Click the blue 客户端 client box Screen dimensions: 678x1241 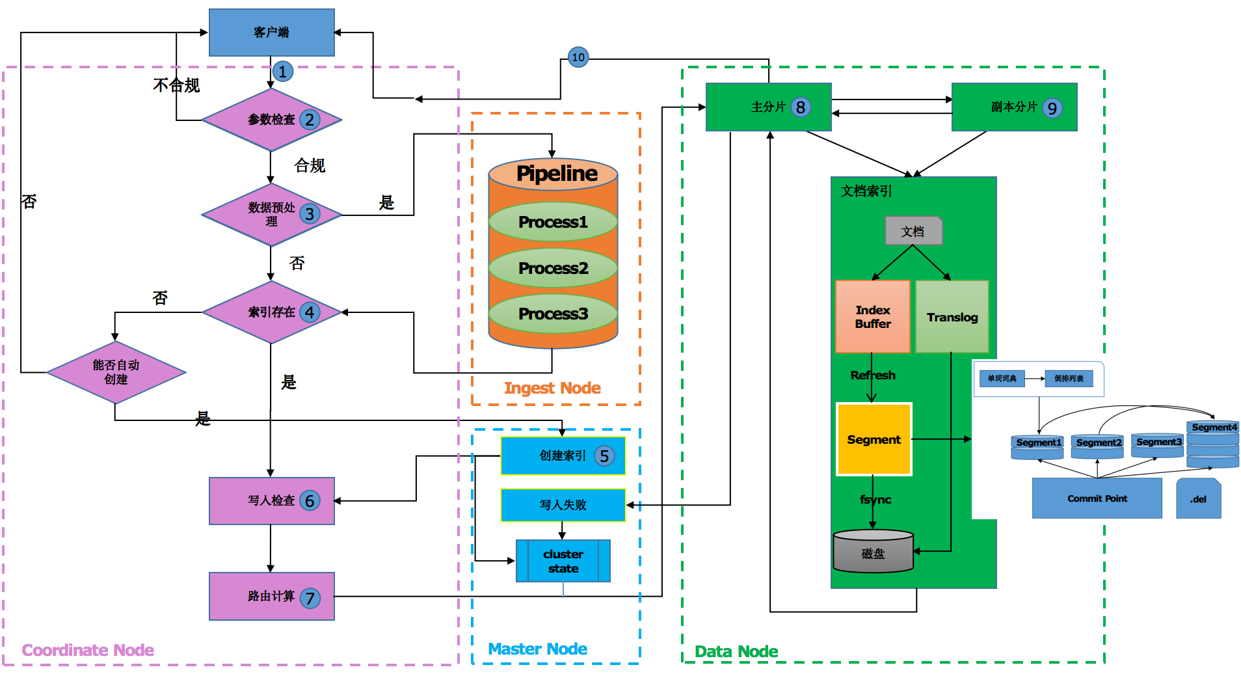click(271, 33)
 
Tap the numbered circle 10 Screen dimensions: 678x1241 click(578, 57)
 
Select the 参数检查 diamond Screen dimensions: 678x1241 click(271, 120)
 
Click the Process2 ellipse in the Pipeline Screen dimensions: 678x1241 click(553, 268)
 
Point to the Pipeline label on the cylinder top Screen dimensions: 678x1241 click(556, 174)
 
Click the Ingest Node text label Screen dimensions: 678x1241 click(552, 388)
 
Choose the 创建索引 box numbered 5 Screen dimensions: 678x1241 click(563, 455)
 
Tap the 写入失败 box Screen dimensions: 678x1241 click(563, 505)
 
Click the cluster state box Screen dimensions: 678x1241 click(563, 561)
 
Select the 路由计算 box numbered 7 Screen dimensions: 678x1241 click(271, 596)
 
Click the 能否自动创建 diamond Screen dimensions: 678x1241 click(116, 372)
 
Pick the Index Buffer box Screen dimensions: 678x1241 click(872, 317)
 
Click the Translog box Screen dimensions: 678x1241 click(952, 317)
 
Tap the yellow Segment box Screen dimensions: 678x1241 click(874, 440)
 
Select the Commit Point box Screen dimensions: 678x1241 click(1097, 498)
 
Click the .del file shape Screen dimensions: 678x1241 click(1198, 499)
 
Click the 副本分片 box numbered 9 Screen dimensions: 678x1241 click(1014, 107)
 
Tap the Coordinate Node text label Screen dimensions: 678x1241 click(88, 650)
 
